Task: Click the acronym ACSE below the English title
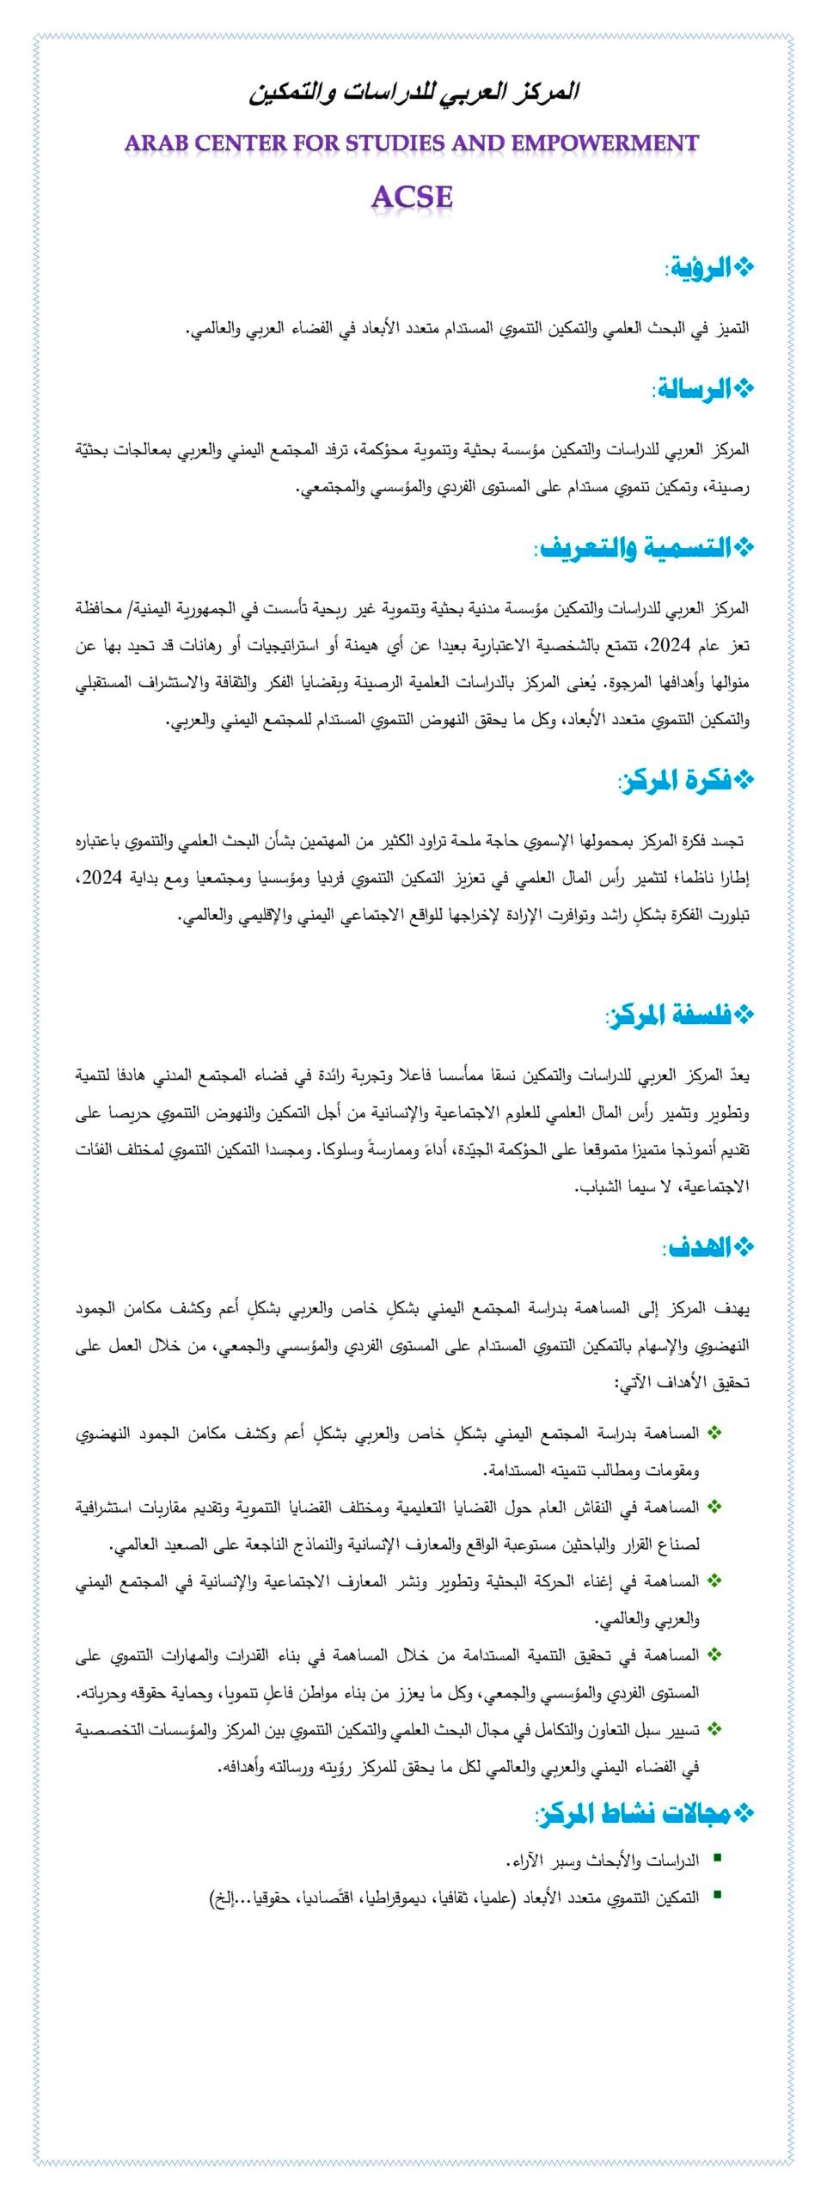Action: tap(412, 197)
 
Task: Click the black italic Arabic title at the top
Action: tap(413, 93)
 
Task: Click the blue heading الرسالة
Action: tap(695, 389)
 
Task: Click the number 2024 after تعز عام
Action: tap(671, 646)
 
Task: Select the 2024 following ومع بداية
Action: tap(102, 878)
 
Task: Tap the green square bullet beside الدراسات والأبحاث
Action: tap(717, 1859)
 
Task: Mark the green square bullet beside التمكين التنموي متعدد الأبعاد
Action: tap(717, 1897)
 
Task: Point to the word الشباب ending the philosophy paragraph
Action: tap(600, 1187)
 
